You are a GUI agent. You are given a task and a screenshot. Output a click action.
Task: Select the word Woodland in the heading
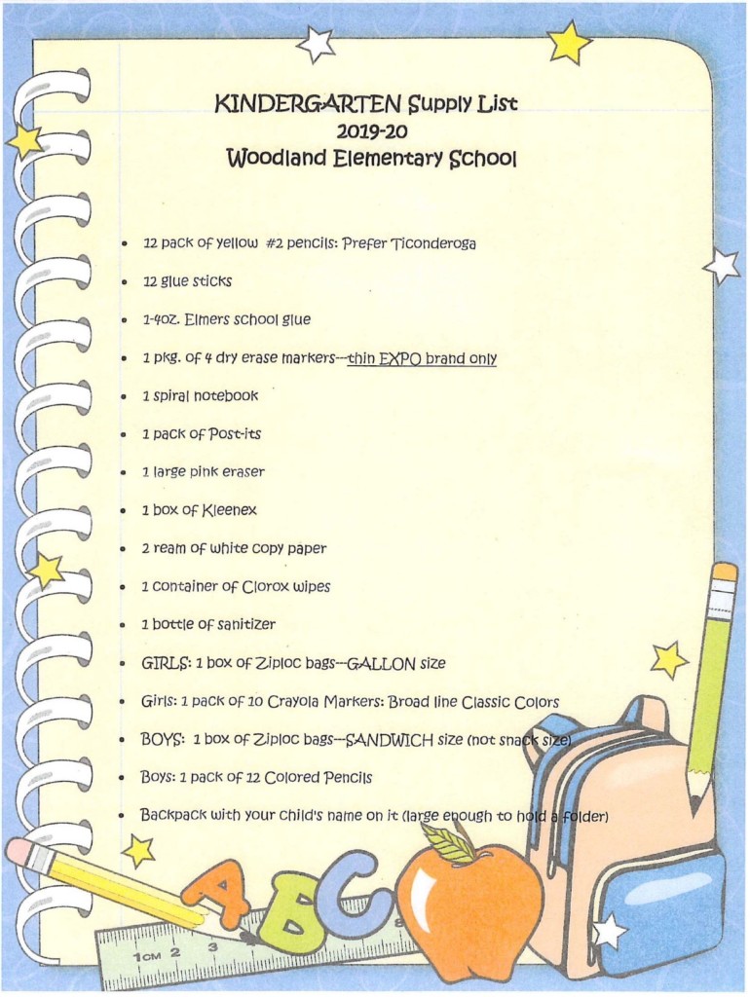277,158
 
